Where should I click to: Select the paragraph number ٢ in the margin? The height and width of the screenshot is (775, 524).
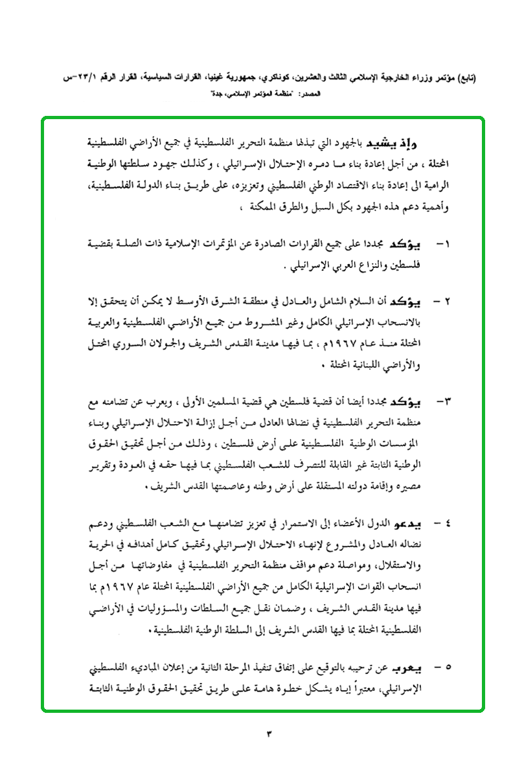click(x=446, y=302)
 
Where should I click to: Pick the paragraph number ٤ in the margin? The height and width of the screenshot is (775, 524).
click(x=446, y=521)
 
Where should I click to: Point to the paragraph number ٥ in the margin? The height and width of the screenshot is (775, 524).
click(x=446, y=666)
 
